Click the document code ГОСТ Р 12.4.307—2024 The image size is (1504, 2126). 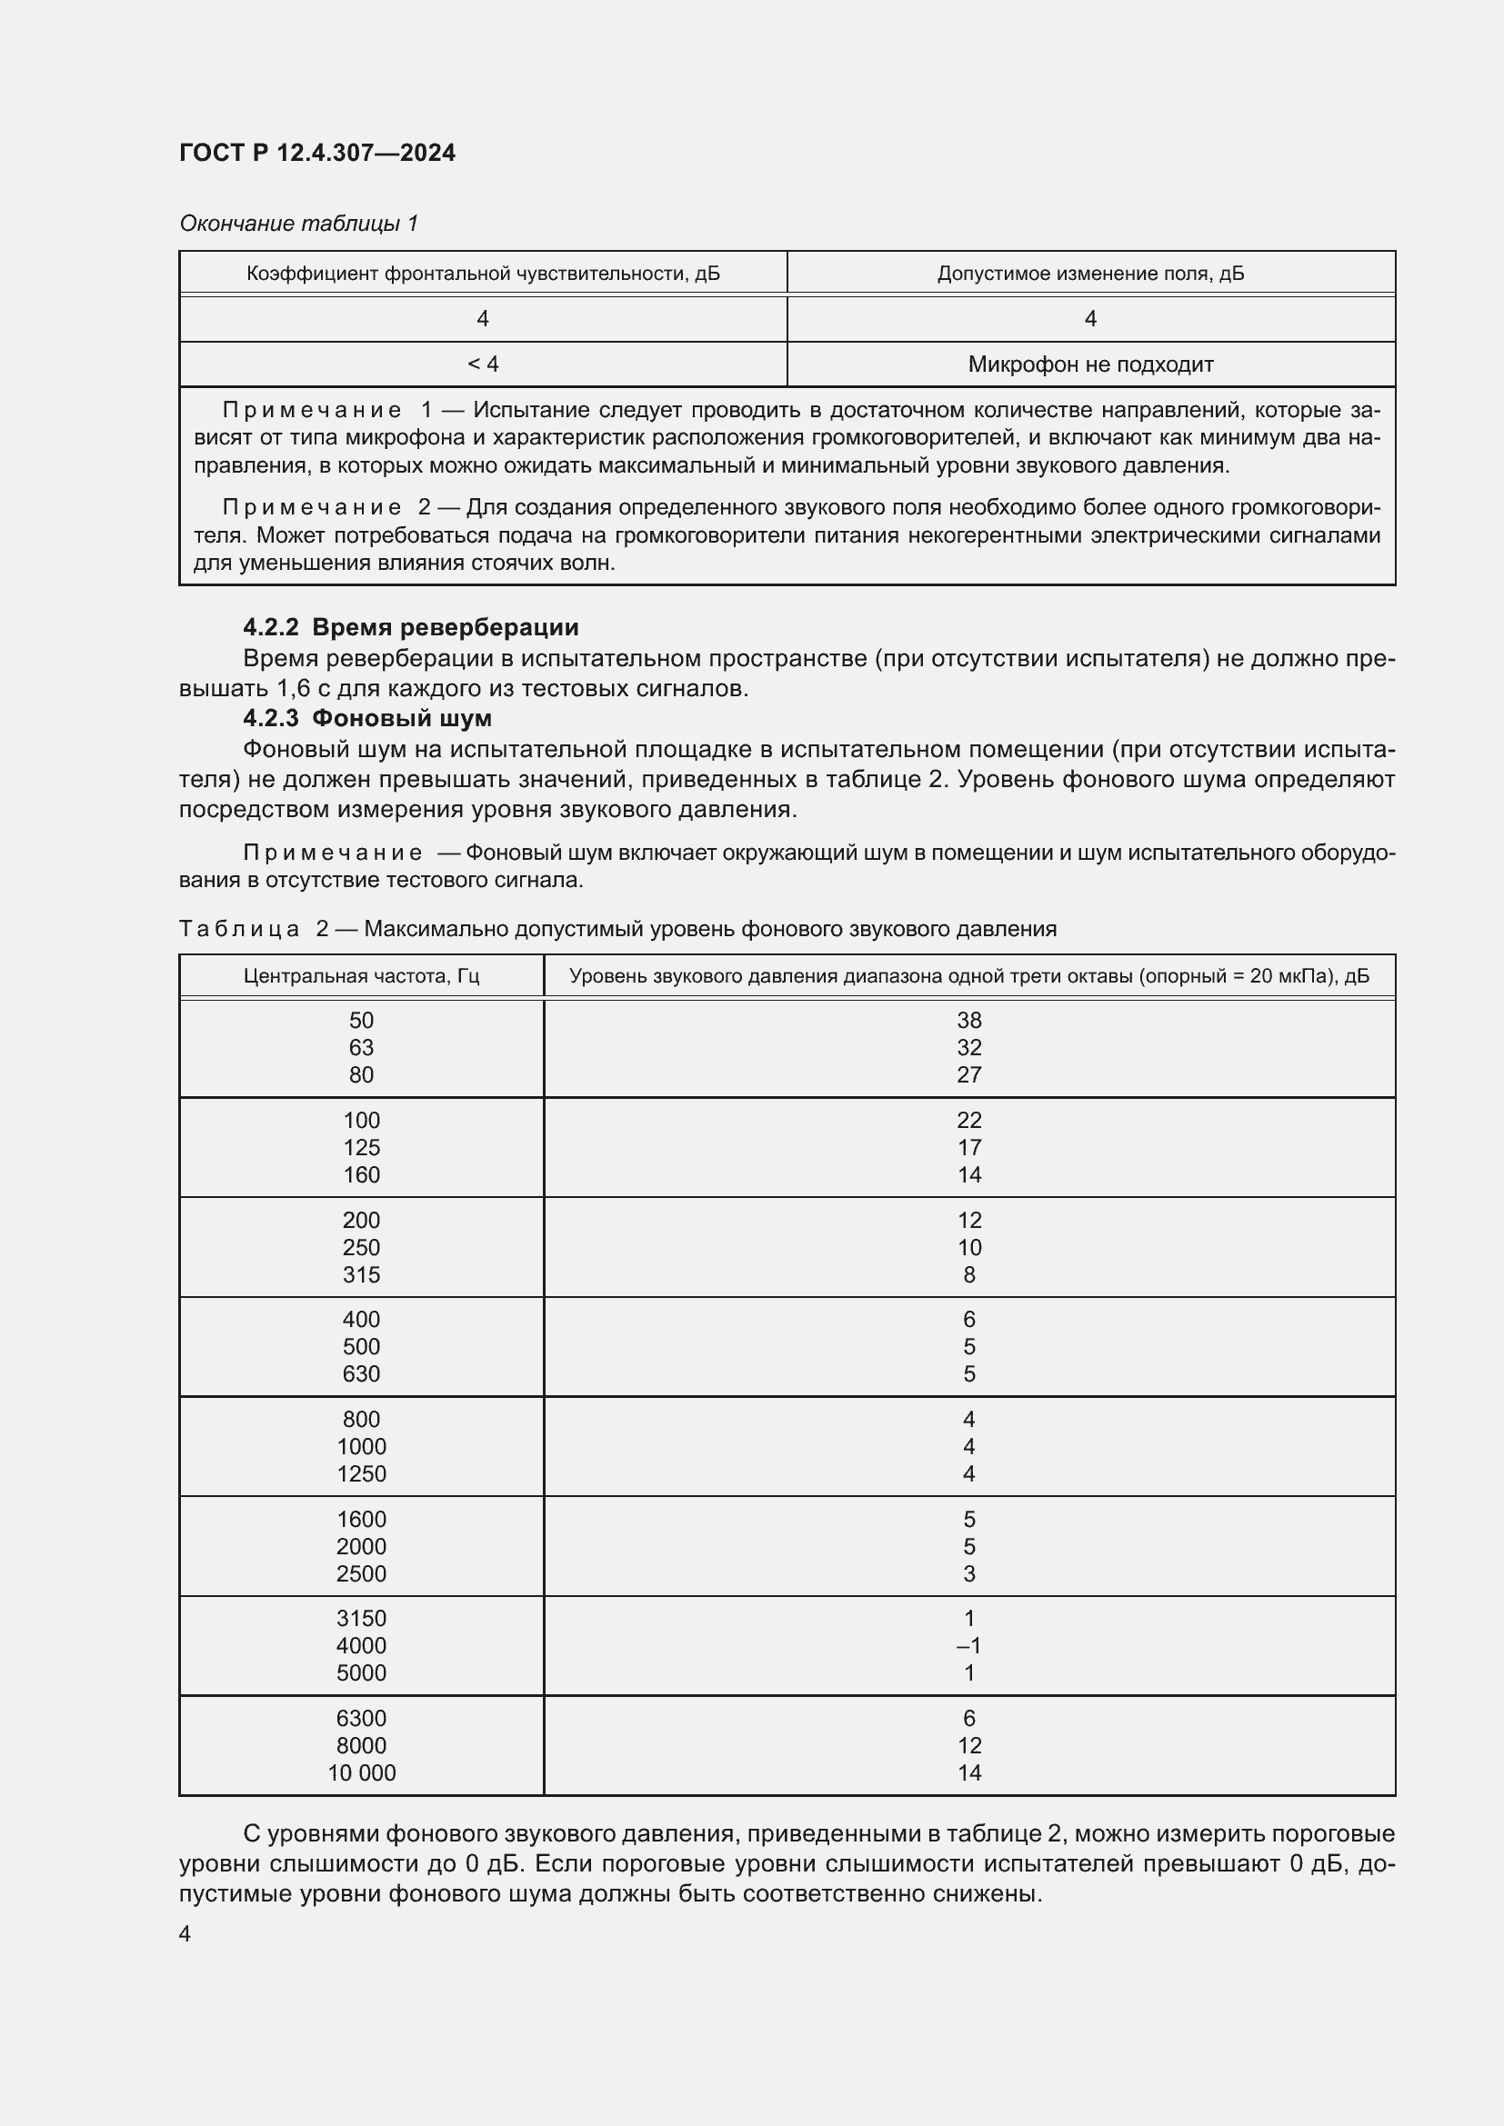[316, 153]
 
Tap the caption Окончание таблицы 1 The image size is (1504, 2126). [299, 224]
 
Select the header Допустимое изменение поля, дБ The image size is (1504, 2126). [1090, 274]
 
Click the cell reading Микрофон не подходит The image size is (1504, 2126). [1090, 364]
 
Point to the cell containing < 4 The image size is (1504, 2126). [483, 364]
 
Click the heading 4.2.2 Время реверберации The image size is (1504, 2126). [410, 627]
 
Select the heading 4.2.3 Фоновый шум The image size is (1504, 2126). [366, 718]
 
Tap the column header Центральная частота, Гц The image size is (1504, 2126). [361, 976]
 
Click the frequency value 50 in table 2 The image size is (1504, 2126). [361, 1021]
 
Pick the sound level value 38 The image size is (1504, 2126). [968, 1021]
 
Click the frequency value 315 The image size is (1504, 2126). [361, 1275]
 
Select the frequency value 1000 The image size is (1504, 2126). [361, 1446]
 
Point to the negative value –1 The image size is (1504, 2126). [968, 1645]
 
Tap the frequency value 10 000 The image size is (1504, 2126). [361, 1772]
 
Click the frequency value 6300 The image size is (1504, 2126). [361, 1719]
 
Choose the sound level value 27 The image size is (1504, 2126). [968, 1075]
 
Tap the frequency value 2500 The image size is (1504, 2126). [361, 1573]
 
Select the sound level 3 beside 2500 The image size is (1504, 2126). [968, 1573]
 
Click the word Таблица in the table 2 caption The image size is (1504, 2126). [239, 929]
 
